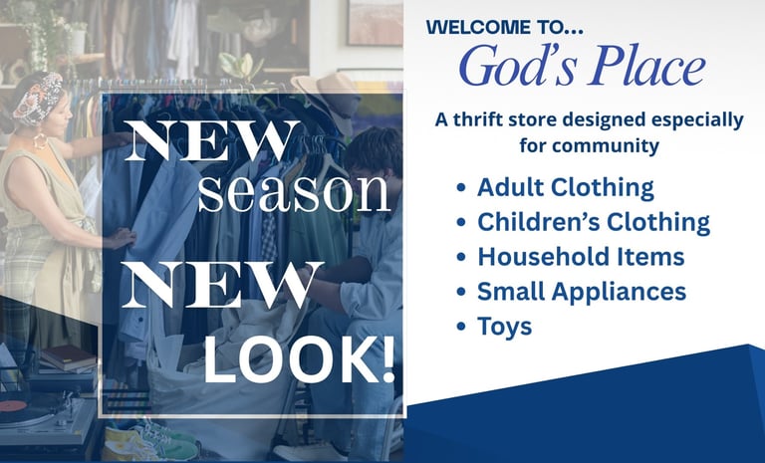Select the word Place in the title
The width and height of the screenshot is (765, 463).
tap(646, 66)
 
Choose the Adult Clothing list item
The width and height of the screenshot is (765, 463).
tap(566, 187)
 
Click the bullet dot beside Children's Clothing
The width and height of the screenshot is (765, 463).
tap(461, 222)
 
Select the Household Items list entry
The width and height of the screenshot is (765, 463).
tap(581, 257)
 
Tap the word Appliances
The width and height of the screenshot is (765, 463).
tap(620, 292)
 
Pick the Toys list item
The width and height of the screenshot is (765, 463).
tap(504, 327)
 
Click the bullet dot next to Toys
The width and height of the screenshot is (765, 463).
tap(461, 327)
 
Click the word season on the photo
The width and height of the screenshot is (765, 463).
tap(294, 192)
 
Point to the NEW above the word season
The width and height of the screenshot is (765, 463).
tap(212, 140)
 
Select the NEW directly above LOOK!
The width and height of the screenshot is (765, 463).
tap(222, 285)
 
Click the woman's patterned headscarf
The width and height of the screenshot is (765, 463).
tap(38, 98)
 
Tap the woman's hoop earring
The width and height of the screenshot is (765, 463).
tap(40, 141)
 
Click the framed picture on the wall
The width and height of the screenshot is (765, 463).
tap(376, 23)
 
